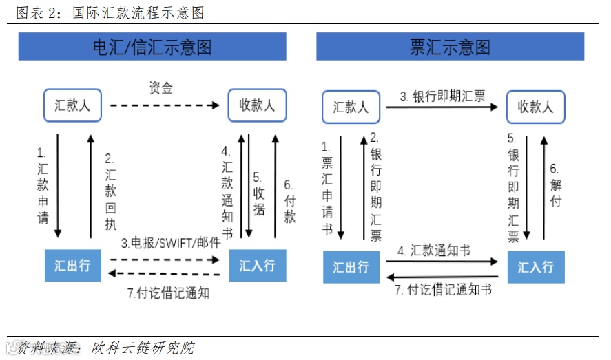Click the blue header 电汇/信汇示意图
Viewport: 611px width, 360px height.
[152, 47]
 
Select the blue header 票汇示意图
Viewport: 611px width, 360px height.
[450, 47]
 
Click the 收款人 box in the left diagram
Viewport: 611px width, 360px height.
[257, 105]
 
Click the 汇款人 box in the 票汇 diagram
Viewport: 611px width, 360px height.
[351, 107]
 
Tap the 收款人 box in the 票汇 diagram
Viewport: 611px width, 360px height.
[535, 107]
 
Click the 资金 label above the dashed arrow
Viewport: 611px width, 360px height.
[161, 88]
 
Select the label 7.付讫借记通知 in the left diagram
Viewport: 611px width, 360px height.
[168, 293]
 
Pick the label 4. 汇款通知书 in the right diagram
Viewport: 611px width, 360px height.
[434, 251]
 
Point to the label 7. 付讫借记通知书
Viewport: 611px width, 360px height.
[444, 290]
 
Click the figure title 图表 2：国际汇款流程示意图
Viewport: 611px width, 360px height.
[110, 12]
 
